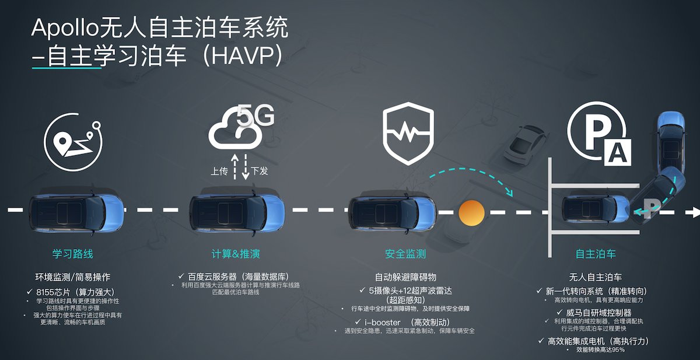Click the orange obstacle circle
click(472, 212)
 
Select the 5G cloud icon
click(239, 127)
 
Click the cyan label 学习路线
click(72, 254)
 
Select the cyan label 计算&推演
click(236, 254)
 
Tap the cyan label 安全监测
click(405, 254)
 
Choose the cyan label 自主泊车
click(596, 254)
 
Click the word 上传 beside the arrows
click(220, 172)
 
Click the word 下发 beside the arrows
click(260, 172)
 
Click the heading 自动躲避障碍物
click(405, 277)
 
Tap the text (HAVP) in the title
click(245, 56)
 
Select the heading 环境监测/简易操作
click(73, 277)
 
